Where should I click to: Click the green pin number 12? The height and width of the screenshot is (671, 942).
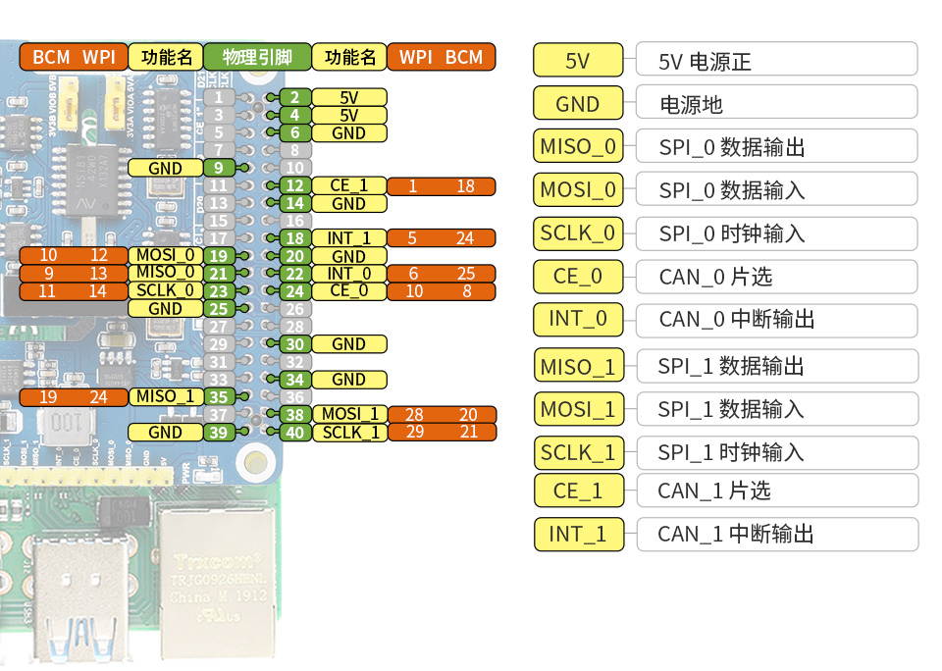click(293, 186)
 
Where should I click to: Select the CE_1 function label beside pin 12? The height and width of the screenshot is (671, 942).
click(348, 186)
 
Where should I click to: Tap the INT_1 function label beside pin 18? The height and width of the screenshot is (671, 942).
click(348, 238)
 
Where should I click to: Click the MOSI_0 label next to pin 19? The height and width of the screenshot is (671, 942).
click(165, 256)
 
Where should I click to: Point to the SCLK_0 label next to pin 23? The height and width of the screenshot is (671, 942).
click(165, 291)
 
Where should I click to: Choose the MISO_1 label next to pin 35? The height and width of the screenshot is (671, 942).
click(165, 397)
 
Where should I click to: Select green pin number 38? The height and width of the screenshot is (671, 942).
click(293, 415)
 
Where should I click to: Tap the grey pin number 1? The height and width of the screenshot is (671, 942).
click(219, 97)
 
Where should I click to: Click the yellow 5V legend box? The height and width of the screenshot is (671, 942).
click(577, 61)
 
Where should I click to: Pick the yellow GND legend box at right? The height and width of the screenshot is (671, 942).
click(577, 104)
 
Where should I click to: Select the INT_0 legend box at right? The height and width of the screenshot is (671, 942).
click(578, 319)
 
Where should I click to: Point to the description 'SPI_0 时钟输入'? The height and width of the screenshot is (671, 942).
click(732, 233)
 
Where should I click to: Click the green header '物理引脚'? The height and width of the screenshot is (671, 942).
click(257, 57)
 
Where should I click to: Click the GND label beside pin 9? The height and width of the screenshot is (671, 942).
click(165, 168)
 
